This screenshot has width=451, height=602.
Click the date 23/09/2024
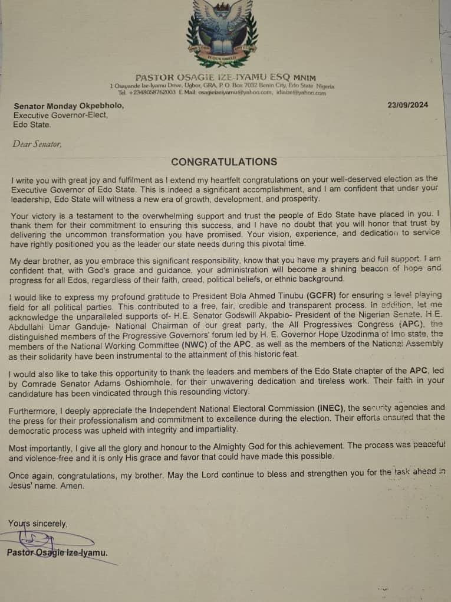click(x=408, y=105)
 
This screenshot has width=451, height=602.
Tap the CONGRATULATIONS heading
click(x=223, y=162)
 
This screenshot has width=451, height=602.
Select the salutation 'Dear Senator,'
click(x=37, y=143)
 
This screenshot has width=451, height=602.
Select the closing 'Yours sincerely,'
click(x=38, y=523)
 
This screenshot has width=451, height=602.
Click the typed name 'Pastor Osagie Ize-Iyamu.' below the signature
click(x=57, y=553)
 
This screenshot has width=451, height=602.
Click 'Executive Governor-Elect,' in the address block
click(x=61, y=115)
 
